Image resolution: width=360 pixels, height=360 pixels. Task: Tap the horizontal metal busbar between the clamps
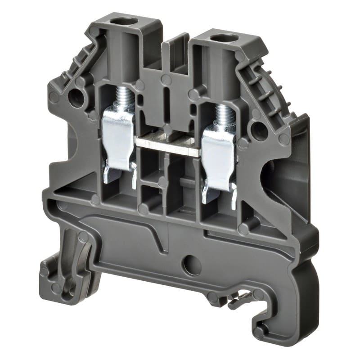(167, 146)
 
